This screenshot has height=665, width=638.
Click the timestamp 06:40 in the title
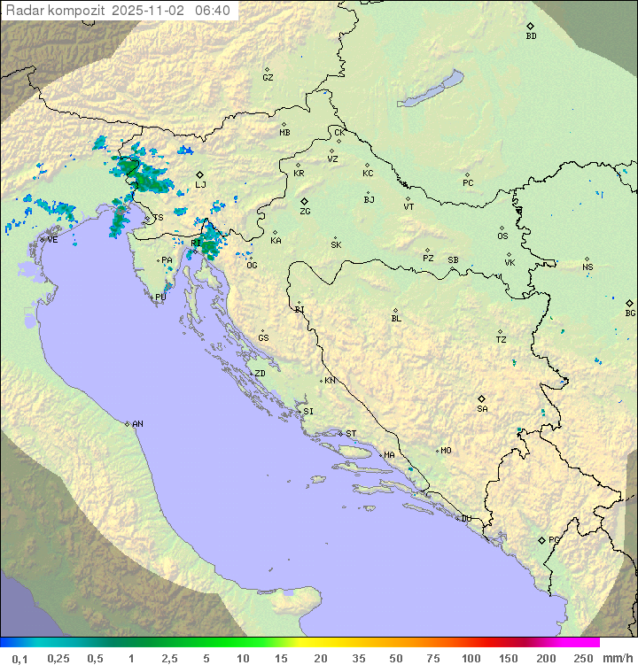coord(213,10)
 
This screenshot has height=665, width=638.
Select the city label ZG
coord(305,212)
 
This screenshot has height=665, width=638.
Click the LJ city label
coord(201,185)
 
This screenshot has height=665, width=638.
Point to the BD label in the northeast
coord(531,36)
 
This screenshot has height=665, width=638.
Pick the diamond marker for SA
coord(482,398)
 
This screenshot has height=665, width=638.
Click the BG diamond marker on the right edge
coord(630,303)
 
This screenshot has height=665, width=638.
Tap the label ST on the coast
coord(351,434)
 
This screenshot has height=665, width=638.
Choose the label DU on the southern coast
coord(466,519)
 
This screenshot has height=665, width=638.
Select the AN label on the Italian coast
coord(137,424)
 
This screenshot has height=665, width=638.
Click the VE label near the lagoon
coord(52,240)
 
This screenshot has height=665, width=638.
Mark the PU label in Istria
coord(160,298)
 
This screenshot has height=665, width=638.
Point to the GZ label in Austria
coord(268,78)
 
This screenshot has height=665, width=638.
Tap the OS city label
coord(502,236)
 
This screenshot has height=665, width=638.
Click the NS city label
coord(587,267)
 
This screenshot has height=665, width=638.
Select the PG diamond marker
coord(541,539)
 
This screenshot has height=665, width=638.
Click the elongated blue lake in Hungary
coord(432,89)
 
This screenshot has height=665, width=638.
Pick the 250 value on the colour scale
coord(582,658)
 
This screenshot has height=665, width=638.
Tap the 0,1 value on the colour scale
coord(19,658)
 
